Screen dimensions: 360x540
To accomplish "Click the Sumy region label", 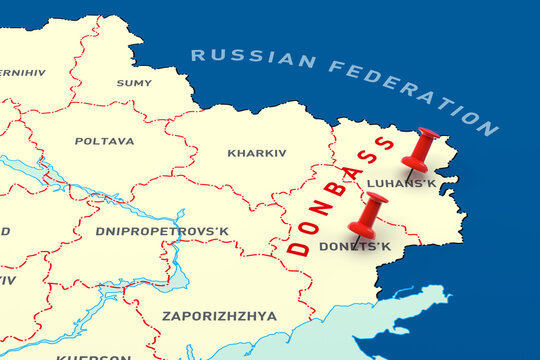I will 134,83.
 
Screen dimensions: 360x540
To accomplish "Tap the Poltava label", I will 104,141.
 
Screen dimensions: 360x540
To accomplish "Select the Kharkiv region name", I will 256,153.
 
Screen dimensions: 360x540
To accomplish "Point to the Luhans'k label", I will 401,183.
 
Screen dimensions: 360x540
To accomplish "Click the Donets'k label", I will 354,246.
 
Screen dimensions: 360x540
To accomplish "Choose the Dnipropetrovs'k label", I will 162,231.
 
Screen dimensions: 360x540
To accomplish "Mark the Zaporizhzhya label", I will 219,316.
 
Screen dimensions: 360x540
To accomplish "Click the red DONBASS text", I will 340,195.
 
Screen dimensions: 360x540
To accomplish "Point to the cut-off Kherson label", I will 92,355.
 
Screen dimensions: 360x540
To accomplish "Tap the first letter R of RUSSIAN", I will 197,53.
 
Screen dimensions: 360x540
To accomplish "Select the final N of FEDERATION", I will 488,128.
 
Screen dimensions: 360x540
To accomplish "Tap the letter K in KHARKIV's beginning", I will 231,153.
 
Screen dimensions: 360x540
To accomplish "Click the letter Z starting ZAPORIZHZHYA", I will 166,316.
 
